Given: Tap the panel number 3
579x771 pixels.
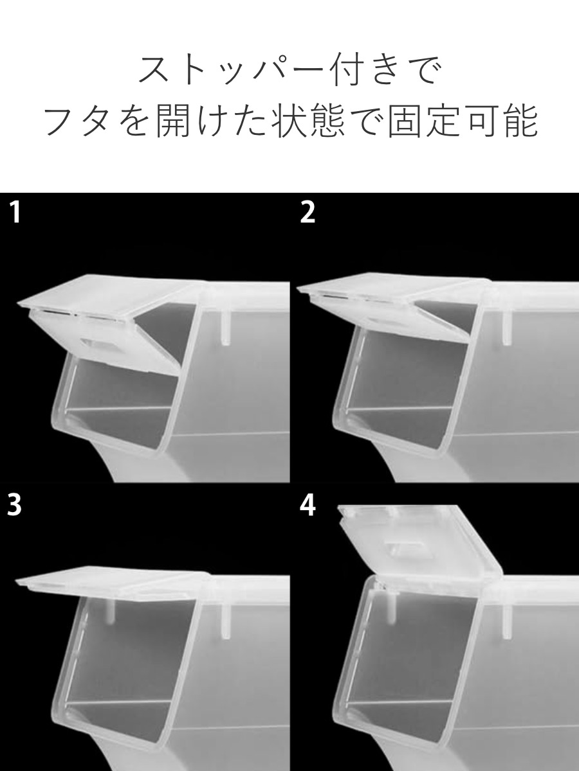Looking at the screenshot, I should pos(15,506).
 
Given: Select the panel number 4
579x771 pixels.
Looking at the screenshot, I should pos(308,506).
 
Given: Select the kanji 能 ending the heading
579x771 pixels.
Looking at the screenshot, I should pos(520,121).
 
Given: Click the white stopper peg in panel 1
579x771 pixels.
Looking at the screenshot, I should pos(225,328).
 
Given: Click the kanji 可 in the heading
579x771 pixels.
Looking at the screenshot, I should pos(482,121).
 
